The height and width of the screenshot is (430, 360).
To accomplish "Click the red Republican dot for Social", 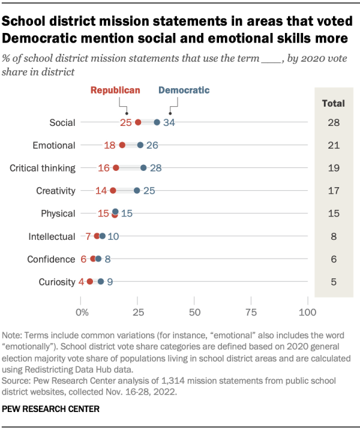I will (x=138, y=122).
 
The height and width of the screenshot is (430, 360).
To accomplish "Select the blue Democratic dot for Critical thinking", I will (x=143, y=168).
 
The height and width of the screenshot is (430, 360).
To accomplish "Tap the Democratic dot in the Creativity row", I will (x=137, y=191).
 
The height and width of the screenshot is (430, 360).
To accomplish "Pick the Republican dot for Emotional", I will (x=122, y=145).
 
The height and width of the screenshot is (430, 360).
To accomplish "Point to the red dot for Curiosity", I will (x=89, y=281).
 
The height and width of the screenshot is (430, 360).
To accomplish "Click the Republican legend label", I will (x=115, y=91).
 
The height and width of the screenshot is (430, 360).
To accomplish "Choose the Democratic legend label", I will (x=184, y=91).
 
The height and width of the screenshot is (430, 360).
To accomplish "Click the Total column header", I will (x=333, y=103).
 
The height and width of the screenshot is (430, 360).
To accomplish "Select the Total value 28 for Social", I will (x=334, y=123).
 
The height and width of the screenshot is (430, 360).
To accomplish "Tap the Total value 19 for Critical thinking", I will (x=334, y=169).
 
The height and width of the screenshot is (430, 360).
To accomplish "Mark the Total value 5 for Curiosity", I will (x=334, y=282).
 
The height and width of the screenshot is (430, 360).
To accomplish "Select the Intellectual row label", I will (x=52, y=236).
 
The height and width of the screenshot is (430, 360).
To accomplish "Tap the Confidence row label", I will (x=52, y=259).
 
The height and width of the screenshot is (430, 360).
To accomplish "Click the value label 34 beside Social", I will (x=169, y=123).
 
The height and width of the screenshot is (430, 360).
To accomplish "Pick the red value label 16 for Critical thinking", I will (x=104, y=169).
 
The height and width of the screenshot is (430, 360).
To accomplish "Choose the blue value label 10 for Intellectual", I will (x=113, y=236).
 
